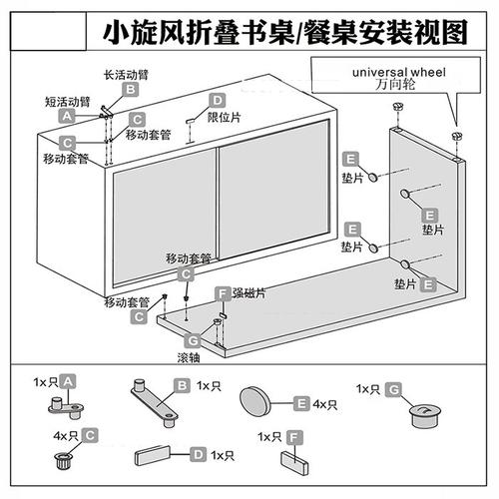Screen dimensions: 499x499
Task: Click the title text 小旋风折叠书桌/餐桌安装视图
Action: pyautogui.click(x=285, y=32)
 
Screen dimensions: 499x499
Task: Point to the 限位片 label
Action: pyautogui.click(x=224, y=118)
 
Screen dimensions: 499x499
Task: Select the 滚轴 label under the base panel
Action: pyautogui.click(x=190, y=356)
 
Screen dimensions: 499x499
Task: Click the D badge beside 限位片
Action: pyautogui.click(x=217, y=101)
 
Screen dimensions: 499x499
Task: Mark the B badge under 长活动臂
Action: pyautogui.click(x=129, y=90)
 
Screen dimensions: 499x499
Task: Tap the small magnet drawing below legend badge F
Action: pyautogui.click(x=294, y=461)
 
